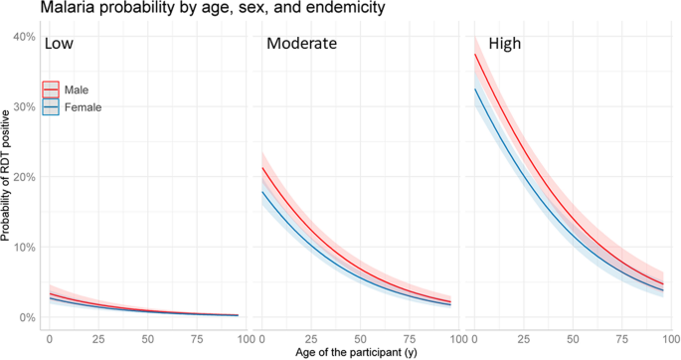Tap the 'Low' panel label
point(63,46)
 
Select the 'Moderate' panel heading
point(301,45)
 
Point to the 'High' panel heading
point(498,45)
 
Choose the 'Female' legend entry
point(82,106)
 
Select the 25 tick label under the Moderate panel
point(309,338)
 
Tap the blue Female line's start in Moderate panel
point(260,191)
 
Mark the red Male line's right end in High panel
point(663,284)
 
